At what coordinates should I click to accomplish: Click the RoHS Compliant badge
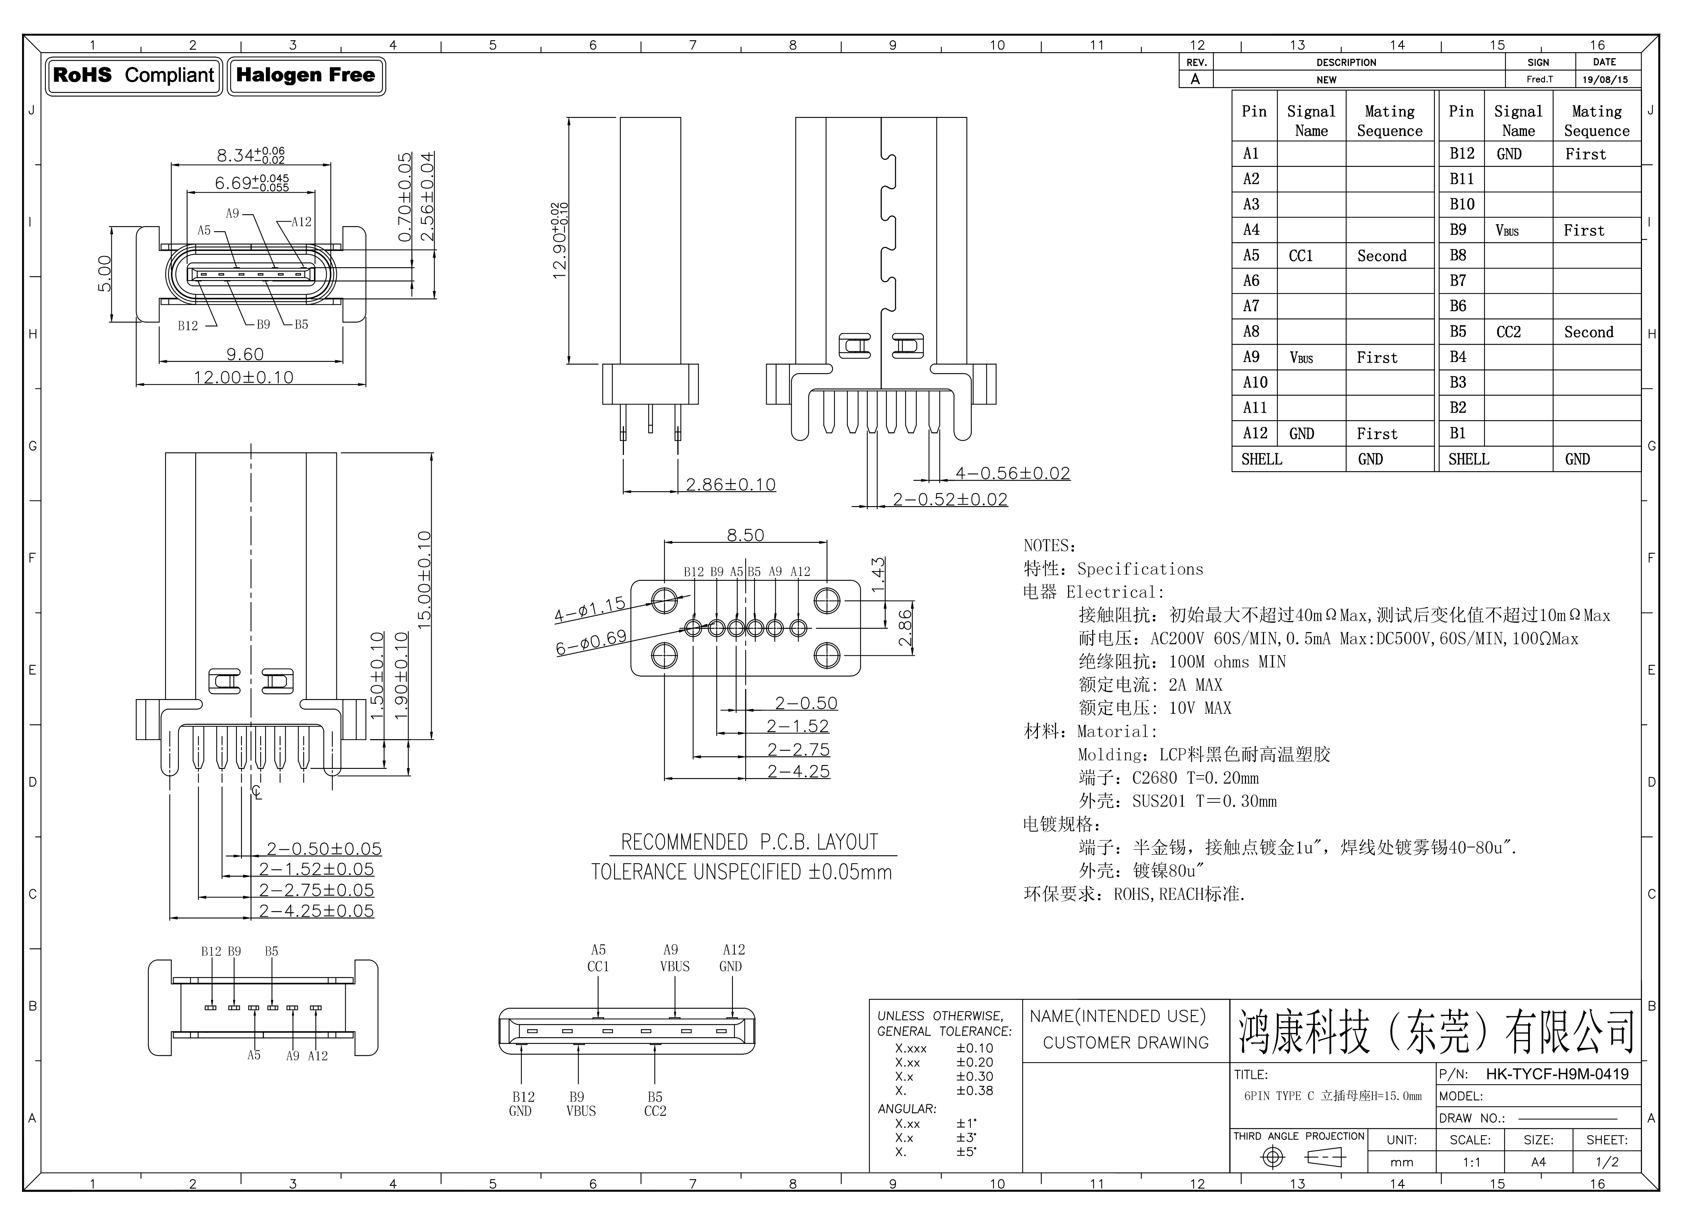(134, 76)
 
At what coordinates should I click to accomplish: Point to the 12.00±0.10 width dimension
(244, 377)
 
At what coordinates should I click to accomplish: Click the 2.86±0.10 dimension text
(730, 485)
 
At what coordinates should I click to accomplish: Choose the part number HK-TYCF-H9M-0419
(1557, 1074)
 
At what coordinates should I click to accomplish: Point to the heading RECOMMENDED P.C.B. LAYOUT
(750, 842)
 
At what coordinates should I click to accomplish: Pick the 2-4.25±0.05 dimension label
(317, 911)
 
